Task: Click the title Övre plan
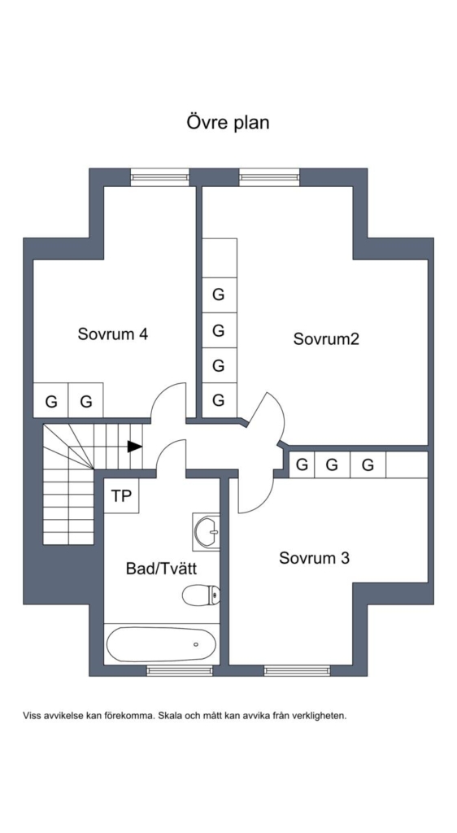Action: coord(228,123)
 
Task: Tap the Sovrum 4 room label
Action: coord(112,334)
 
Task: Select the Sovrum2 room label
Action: coord(326,339)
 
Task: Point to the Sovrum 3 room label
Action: coord(314,558)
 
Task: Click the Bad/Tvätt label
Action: coord(161,569)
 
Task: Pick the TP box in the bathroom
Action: coord(121,495)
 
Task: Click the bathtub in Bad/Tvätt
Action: coord(161,644)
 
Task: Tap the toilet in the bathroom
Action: coord(201,595)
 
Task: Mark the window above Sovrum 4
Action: coord(160,177)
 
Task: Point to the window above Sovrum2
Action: coord(270,177)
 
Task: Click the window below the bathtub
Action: coord(180,670)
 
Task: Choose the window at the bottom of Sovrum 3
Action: coord(298,670)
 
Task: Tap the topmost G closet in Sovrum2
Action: coord(220,294)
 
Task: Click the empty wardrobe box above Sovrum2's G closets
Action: coord(220,258)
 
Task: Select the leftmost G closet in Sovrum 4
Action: coord(51,400)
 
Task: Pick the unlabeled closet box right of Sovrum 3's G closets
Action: coord(407,464)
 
